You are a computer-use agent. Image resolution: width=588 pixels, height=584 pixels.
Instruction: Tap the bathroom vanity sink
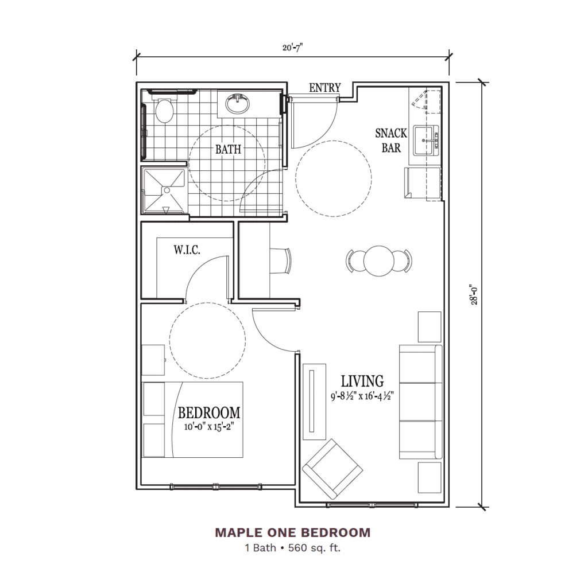(237, 103)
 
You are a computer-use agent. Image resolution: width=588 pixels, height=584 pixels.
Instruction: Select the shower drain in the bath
(167, 190)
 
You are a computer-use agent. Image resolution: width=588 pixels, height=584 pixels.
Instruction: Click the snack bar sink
(426, 141)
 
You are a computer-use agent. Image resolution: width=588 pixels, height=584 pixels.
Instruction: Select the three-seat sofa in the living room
(420, 402)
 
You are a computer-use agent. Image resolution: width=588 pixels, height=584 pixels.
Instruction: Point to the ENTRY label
(325, 88)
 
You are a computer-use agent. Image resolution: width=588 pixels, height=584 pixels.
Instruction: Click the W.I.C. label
(187, 250)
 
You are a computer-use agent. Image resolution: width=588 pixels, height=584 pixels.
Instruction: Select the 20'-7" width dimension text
(292, 48)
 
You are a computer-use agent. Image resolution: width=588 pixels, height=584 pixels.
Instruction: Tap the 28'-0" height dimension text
(474, 295)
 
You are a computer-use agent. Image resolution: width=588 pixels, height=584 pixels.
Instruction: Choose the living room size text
(362, 396)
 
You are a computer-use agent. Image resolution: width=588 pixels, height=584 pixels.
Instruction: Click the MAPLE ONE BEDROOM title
(293, 532)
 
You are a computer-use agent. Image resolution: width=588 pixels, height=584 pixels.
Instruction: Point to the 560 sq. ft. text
(314, 548)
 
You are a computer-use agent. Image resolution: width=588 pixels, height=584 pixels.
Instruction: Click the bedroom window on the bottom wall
(216, 486)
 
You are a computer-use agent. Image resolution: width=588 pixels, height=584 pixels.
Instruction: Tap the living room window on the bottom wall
(372, 505)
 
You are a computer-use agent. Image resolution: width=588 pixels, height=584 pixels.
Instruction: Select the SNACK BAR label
(391, 141)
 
